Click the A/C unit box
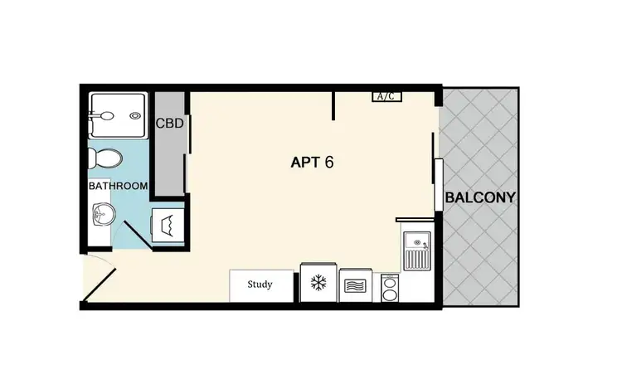coord(386,96)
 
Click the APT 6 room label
coord(312,162)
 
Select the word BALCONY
coord(480,198)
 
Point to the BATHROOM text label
coord(118,186)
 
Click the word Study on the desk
coord(260,285)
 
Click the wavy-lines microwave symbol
coord(356,285)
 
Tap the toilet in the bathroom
coord(105,156)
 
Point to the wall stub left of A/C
coord(333,105)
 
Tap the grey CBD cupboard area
coord(169,153)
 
